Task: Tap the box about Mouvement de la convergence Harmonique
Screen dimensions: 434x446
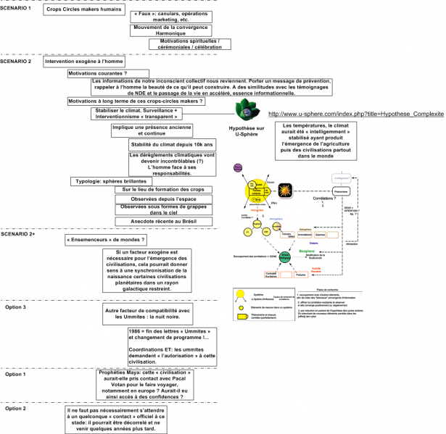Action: coord(177,33)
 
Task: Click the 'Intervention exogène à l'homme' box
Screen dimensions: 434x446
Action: coord(81,63)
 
